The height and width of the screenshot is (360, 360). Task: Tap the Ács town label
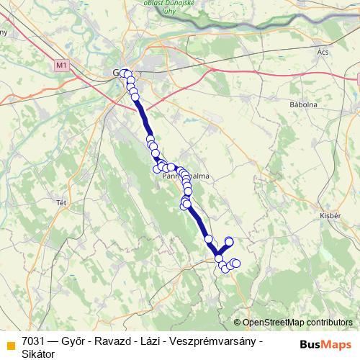323,53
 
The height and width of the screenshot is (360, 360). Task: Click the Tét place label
60,203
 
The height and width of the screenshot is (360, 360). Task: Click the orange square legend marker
10,343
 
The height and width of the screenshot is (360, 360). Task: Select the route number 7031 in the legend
34,340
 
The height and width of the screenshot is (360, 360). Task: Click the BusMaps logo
326,343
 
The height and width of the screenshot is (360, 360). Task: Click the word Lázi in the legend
148,340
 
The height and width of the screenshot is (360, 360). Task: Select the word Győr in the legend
75,340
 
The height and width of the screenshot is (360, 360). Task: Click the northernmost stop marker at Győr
124,73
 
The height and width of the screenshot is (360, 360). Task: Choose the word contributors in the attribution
330,323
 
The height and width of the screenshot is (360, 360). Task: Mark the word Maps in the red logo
338,343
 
